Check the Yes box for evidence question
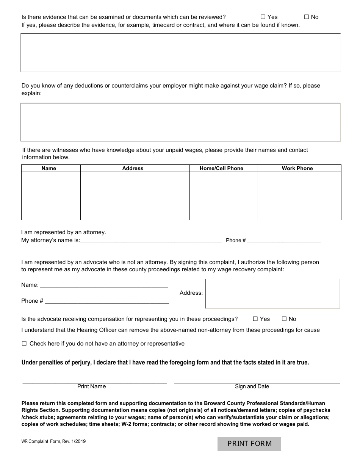[263, 17]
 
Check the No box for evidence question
[307, 17]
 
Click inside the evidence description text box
[181, 53]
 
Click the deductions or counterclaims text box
[181, 122]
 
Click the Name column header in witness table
[49, 168]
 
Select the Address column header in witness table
[133, 168]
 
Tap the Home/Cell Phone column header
[222, 168]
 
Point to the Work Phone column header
[297, 168]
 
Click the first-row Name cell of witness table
[51, 180]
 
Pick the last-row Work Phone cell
[299, 212]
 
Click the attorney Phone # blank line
[284, 240]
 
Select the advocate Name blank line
[104, 285]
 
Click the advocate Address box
[272, 294]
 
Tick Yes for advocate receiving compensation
[255, 319]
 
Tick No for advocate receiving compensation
[284, 319]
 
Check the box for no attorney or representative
[24, 344]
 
